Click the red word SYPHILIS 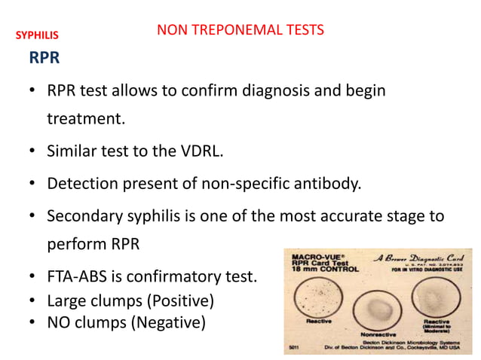point(37,35)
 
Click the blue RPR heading point(44,58)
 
